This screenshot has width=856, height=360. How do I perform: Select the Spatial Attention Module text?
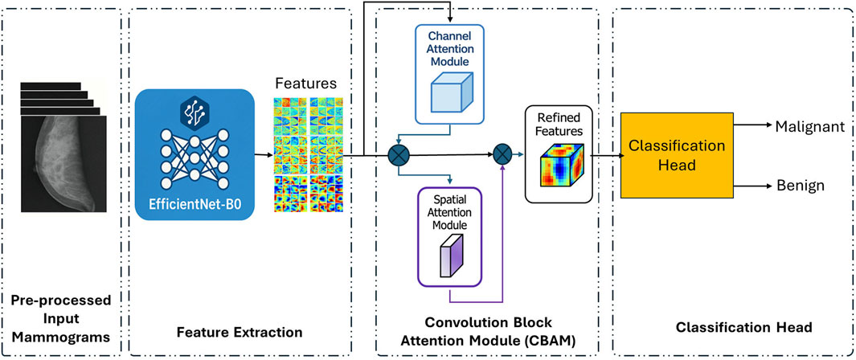451,215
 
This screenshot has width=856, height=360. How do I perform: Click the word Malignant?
808,125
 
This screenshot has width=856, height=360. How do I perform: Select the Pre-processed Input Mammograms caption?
62,321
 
